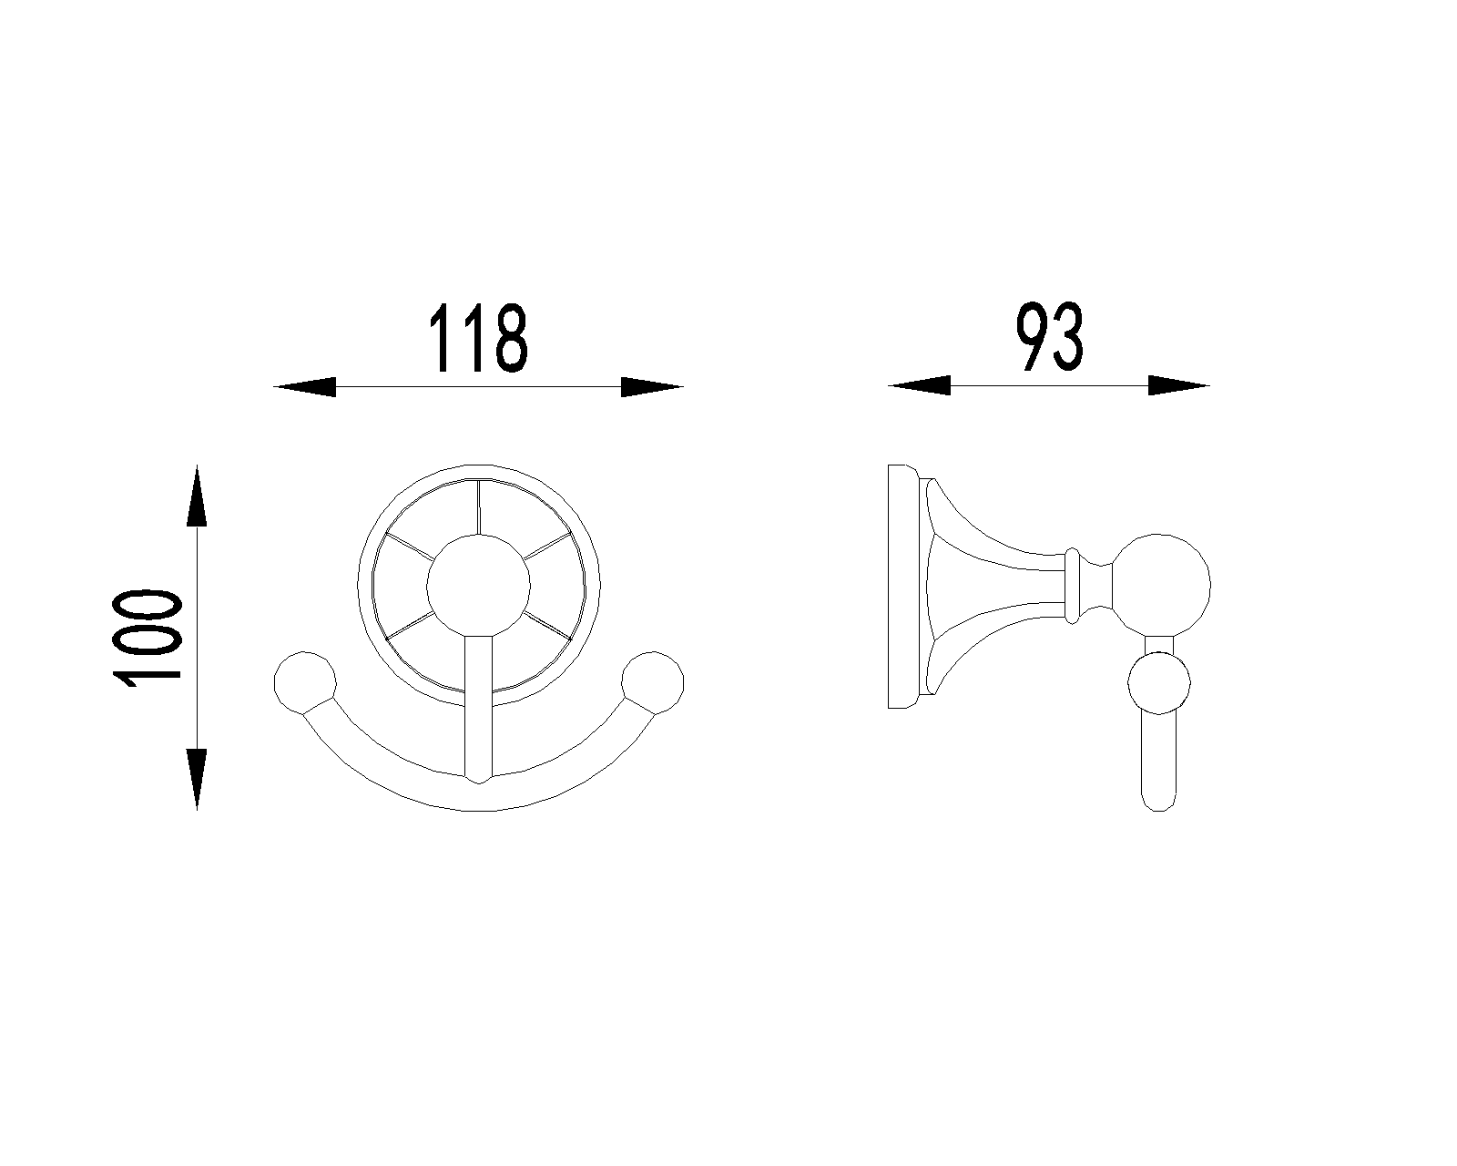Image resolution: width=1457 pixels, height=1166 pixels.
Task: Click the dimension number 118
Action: tap(478, 337)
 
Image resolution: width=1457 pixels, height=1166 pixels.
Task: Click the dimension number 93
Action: tap(1049, 337)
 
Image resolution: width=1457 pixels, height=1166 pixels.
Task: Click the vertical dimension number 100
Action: tap(147, 639)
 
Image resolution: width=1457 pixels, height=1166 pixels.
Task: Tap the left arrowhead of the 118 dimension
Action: tap(305, 387)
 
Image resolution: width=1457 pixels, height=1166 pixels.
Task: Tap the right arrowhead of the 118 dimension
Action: tap(653, 387)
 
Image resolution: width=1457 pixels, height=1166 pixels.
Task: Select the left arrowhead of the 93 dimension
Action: tap(920, 385)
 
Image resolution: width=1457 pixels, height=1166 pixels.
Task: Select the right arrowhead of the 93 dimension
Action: tap(1178, 385)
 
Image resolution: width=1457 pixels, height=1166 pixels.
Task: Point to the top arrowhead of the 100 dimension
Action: tap(197, 496)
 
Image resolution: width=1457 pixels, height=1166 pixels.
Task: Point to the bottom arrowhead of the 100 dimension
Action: tap(197, 779)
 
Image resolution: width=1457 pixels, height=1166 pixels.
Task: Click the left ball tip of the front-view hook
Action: tap(305, 683)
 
